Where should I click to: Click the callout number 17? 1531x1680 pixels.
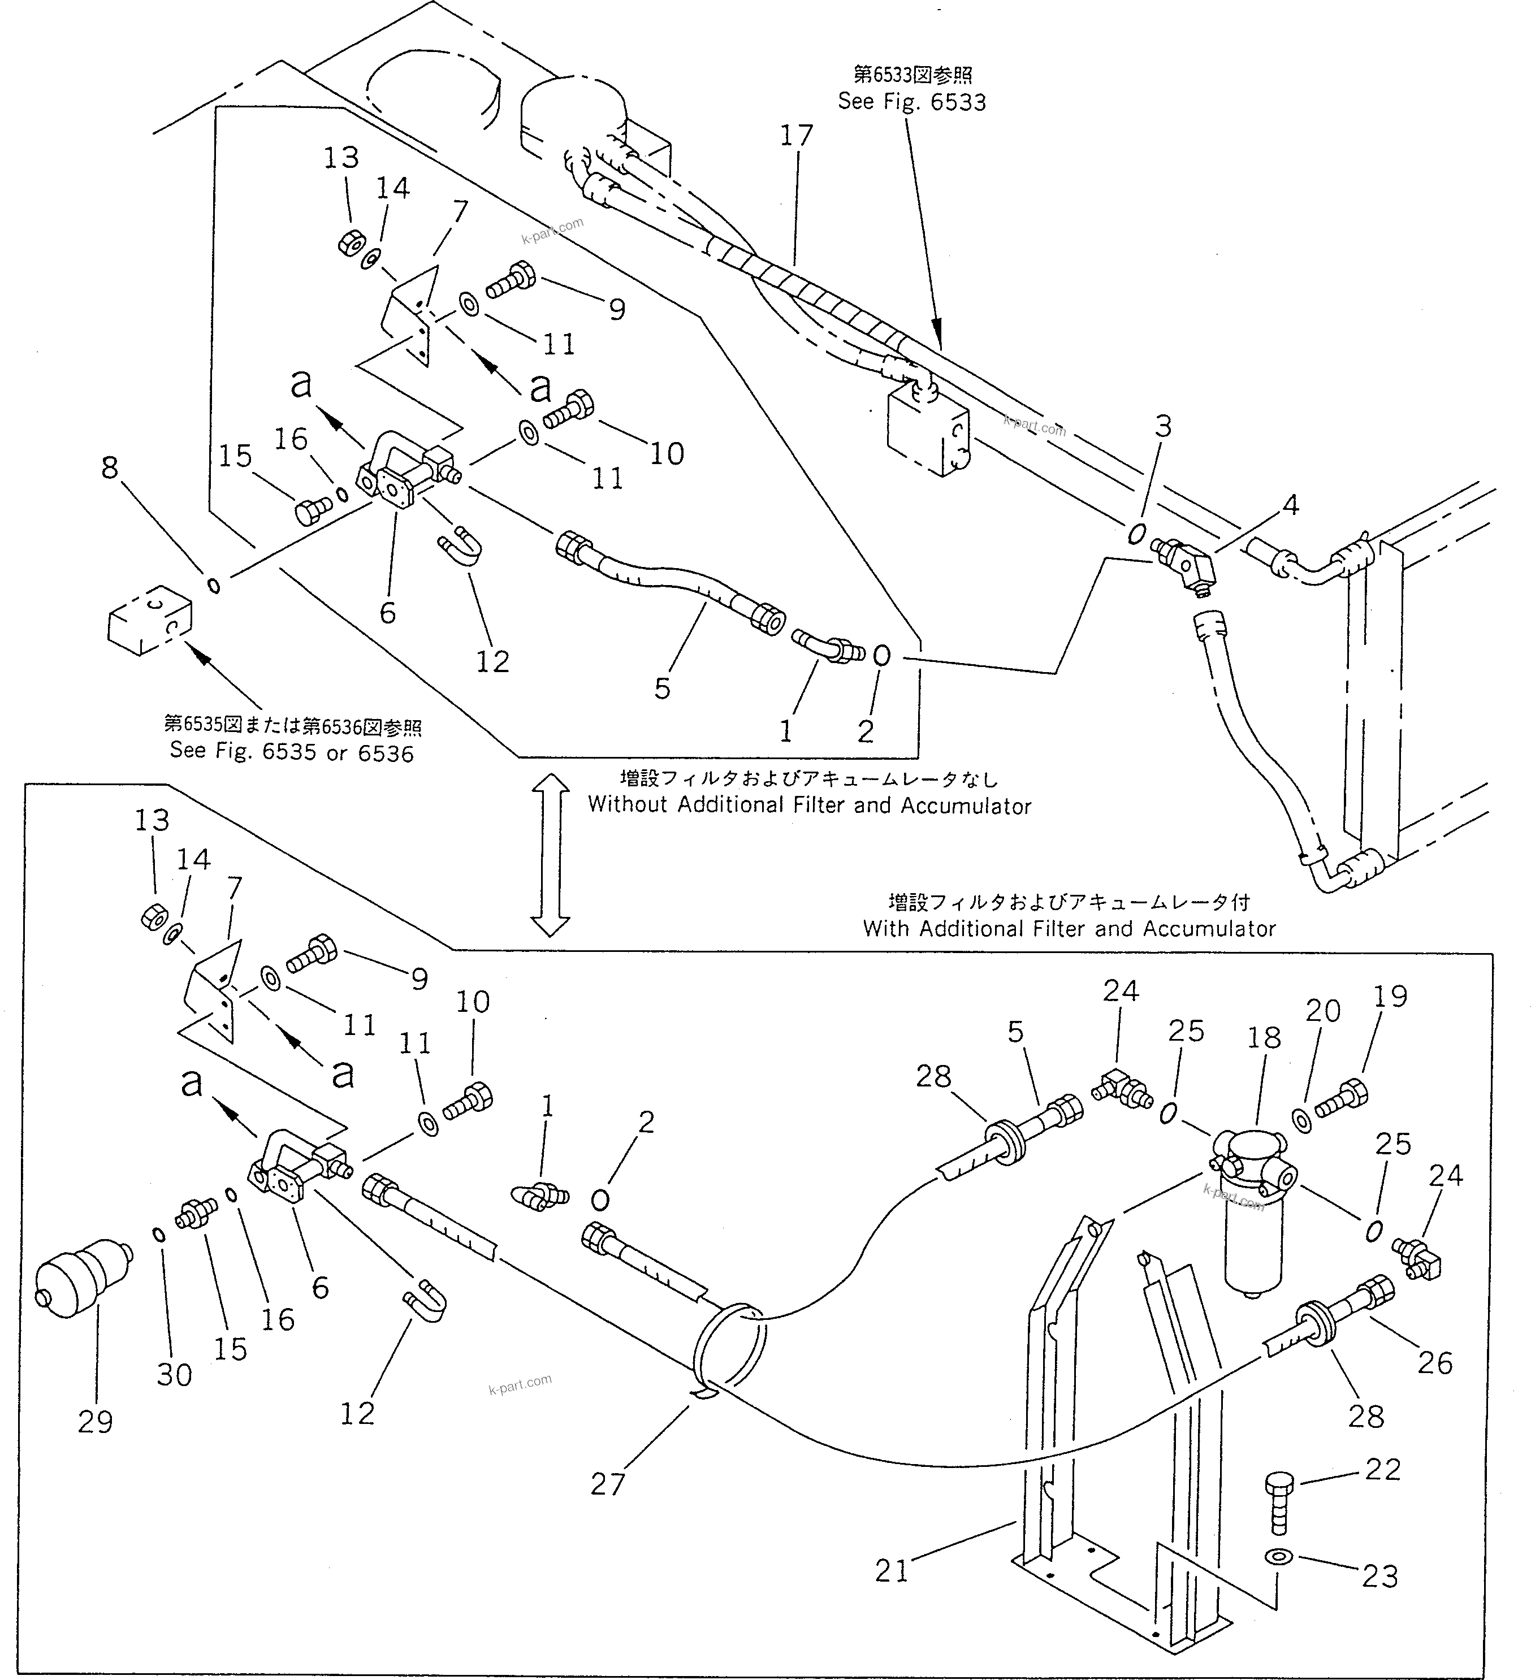[796, 136]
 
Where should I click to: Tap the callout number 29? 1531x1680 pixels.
[94, 1422]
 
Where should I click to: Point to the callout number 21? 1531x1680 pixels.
[891, 1571]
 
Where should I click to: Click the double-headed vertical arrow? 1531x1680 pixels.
[550, 854]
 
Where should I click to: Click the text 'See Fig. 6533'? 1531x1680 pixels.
[912, 102]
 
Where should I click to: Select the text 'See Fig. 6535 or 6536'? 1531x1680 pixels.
[292, 752]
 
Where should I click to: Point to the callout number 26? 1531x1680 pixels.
[1434, 1363]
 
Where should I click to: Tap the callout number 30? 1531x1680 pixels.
[174, 1374]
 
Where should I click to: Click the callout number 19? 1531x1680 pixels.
[1390, 996]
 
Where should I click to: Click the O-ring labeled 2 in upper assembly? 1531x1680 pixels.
[882, 656]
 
